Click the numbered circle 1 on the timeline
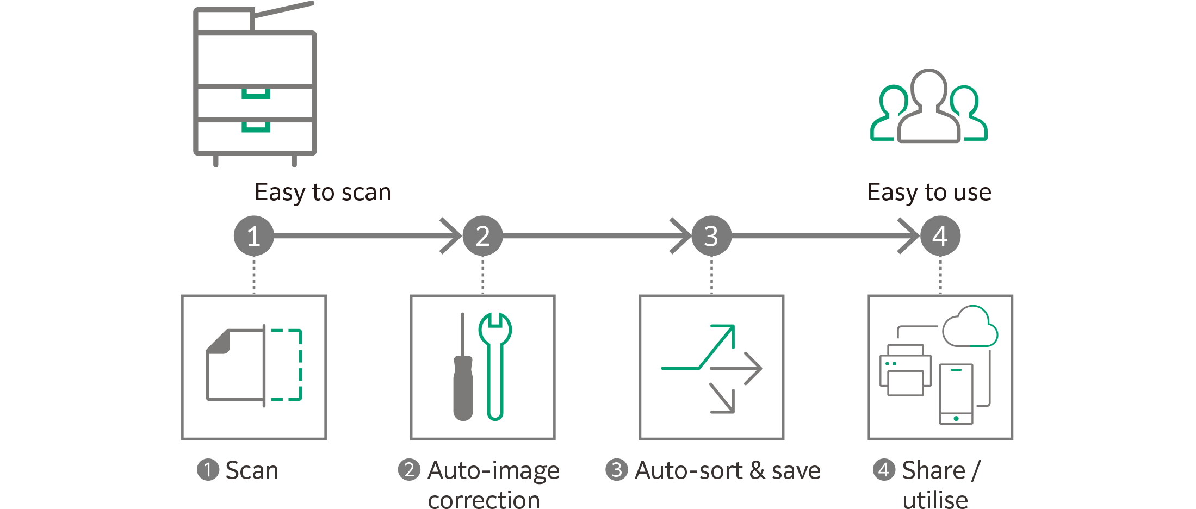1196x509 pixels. pyautogui.click(x=253, y=236)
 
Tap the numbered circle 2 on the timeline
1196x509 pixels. pyautogui.click(x=482, y=236)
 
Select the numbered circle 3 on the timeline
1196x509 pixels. pyautogui.click(x=711, y=236)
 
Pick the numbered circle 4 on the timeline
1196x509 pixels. pyautogui.click(x=940, y=236)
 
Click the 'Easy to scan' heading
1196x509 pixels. pyautogui.click(x=323, y=193)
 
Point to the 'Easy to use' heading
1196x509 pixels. pyautogui.click(x=929, y=193)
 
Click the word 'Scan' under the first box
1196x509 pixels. pyautogui.click(x=252, y=470)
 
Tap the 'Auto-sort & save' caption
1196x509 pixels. pyautogui.click(x=727, y=470)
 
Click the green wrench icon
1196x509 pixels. pyautogui.click(x=495, y=364)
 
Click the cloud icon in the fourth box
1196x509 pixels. pyautogui.click(x=970, y=327)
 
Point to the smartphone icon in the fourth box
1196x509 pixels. pyautogui.click(x=956, y=394)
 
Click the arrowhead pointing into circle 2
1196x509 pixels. pyautogui.click(x=451, y=236)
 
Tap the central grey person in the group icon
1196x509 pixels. pyautogui.click(x=928, y=109)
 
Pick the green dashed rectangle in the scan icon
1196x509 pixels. pyautogui.click(x=286, y=364)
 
